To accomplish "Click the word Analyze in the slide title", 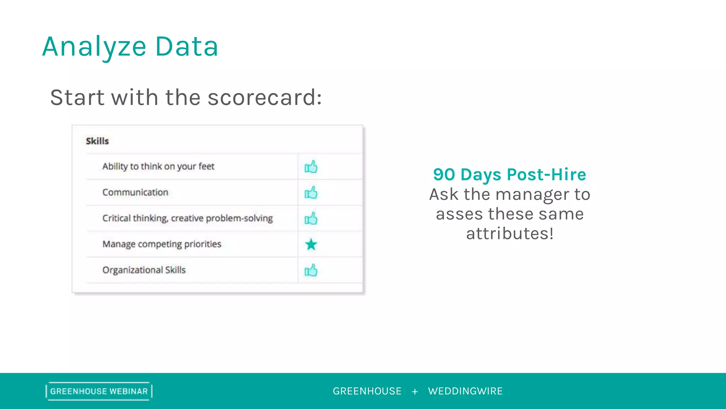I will [x=94, y=47].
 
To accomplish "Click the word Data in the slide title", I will [x=186, y=47].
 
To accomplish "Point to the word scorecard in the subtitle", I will [x=264, y=98].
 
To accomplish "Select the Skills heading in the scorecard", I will [x=97, y=141].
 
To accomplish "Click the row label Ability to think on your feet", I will [x=158, y=167].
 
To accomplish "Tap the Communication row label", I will [x=135, y=192].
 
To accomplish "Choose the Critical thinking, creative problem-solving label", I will [x=187, y=218].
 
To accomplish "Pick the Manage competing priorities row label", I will [x=162, y=244].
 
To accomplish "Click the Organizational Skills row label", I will [x=144, y=270].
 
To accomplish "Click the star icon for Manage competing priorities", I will [x=311, y=244].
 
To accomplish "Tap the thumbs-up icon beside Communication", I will [x=311, y=193].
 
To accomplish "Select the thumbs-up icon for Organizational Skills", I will [x=311, y=271].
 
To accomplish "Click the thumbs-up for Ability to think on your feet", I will [x=311, y=167].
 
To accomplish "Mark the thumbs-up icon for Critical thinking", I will [x=311, y=219].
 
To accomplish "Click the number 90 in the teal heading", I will [x=444, y=175].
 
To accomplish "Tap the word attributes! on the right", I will [x=510, y=234].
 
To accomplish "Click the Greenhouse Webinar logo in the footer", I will [x=99, y=391].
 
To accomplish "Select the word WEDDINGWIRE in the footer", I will [x=465, y=391].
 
